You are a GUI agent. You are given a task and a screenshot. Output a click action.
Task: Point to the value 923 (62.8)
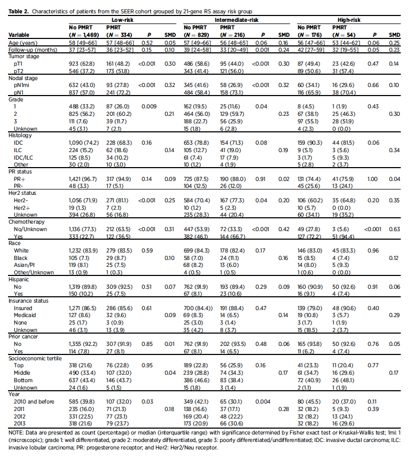point(82,63)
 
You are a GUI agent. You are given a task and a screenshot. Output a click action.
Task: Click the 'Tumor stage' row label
point(23,56)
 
